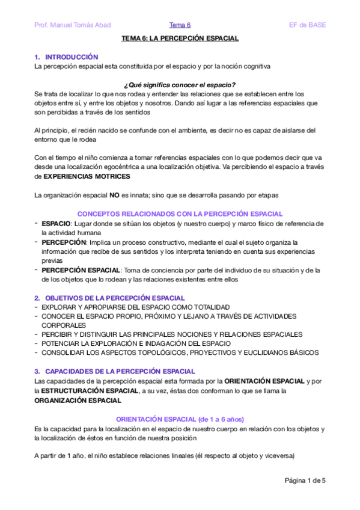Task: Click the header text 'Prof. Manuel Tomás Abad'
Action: [73, 25]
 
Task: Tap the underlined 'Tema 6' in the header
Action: [180, 25]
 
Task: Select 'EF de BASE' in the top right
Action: [308, 25]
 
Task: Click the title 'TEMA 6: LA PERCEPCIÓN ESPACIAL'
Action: [180, 38]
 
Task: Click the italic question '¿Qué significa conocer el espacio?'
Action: [180, 84]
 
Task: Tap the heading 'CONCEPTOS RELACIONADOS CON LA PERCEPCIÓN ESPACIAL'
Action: [180, 214]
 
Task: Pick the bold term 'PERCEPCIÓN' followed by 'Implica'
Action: [64, 242]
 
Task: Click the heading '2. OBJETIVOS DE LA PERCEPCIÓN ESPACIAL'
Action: [110, 298]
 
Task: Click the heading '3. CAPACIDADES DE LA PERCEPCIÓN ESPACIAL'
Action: [115, 372]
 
